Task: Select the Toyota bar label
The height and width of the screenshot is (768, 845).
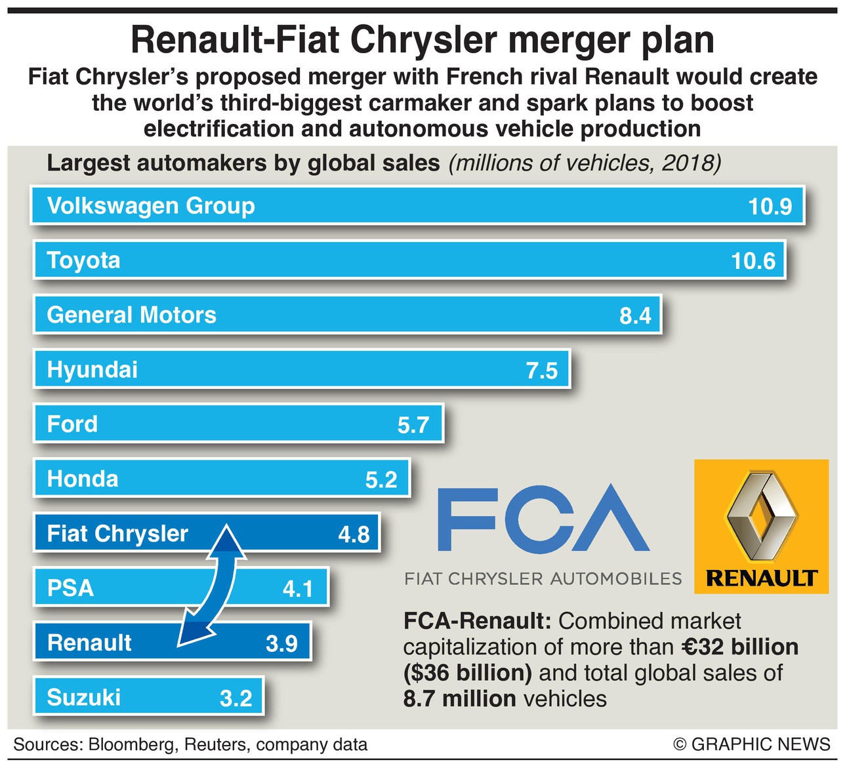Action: click(x=84, y=260)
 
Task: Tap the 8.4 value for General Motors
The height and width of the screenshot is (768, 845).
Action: click(x=635, y=316)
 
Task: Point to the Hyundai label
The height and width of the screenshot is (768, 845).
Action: click(x=93, y=370)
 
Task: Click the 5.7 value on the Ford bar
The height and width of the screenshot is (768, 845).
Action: click(x=413, y=425)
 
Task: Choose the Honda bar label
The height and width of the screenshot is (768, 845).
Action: click(x=83, y=479)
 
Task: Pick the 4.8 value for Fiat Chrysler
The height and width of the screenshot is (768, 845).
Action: click(x=354, y=535)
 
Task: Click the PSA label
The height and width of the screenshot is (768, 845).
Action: click(x=70, y=588)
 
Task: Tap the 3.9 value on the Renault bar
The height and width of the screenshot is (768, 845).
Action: click(x=281, y=643)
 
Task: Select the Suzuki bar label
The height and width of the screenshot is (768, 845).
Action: click(x=84, y=697)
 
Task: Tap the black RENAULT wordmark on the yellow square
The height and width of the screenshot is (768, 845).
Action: click(x=761, y=578)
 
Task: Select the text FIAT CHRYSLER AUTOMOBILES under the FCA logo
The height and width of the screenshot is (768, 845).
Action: click(x=543, y=578)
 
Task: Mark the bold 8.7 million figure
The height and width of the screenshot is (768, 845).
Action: click(x=460, y=699)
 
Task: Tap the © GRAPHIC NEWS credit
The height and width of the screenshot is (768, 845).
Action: click(x=752, y=745)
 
